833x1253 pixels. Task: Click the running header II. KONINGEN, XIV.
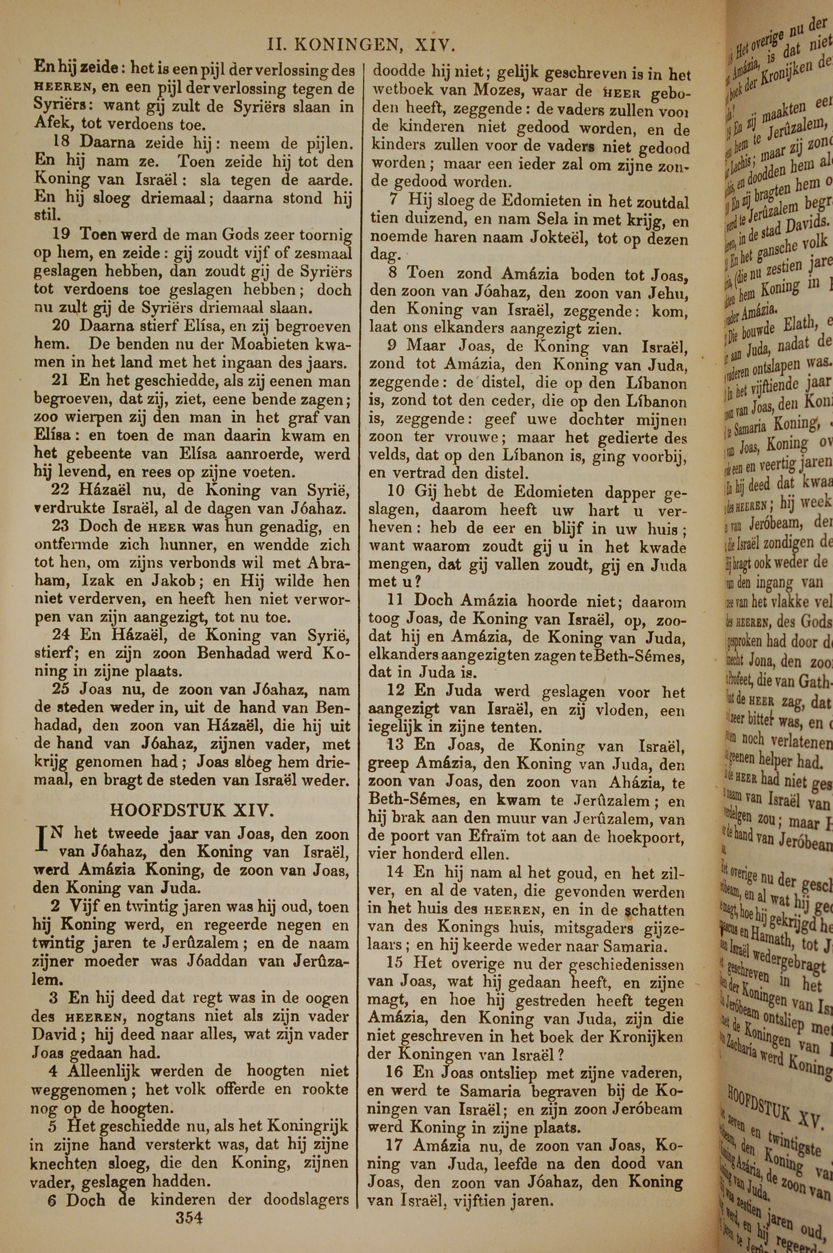point(361,45)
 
